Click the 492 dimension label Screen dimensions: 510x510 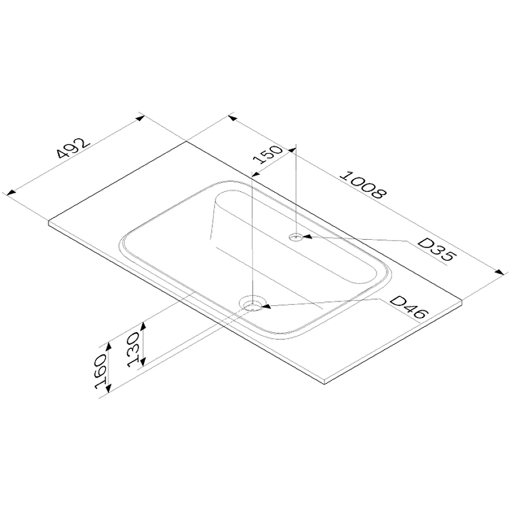pyautogui.click(x=72, y=148)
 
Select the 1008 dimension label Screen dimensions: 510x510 pyautogui.click(x=363, y=184)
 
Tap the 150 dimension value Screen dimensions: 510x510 pyautogui.click(x=267, y=154)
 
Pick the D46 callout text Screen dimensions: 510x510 pyautogui.click(x=407, y=307)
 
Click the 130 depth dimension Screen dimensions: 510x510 pyautogui.click(x=134, y=349)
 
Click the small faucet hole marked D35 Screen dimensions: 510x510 pyautogui.click(x=296, y=237)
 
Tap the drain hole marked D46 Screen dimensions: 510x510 pyautogui.click(x=252, y=303)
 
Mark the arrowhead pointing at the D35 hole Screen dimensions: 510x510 pyautogui.click(x=307, y=237)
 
